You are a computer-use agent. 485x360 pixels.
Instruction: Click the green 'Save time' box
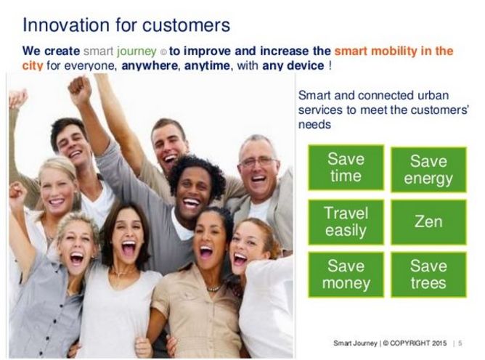tap(346, 168)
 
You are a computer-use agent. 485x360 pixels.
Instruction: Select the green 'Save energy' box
tap(428, 170)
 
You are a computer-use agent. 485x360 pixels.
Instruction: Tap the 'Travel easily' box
tap(346, 222)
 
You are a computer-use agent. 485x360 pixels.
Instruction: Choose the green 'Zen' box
tap(428, 222)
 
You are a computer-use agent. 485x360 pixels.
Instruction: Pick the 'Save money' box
tap(346, 274)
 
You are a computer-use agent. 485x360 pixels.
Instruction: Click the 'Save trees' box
tap(428, 274)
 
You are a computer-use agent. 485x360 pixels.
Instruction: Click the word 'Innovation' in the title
tap(66, 25)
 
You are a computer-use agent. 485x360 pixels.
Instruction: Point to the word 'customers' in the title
tap(186, 25)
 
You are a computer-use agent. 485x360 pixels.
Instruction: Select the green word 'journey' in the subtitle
tap(136, 52)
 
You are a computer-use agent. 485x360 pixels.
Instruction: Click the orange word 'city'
tap(33, 66)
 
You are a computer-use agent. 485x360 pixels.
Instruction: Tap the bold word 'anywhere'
tap(150, 66)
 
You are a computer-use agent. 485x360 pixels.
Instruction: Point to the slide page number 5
tap(460, 343)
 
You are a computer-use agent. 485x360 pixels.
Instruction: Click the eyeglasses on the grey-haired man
tap(258, 161)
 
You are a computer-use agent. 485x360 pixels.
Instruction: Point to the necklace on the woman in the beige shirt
tap(213, 288)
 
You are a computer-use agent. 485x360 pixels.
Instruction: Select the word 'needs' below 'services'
tap(314, 125)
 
